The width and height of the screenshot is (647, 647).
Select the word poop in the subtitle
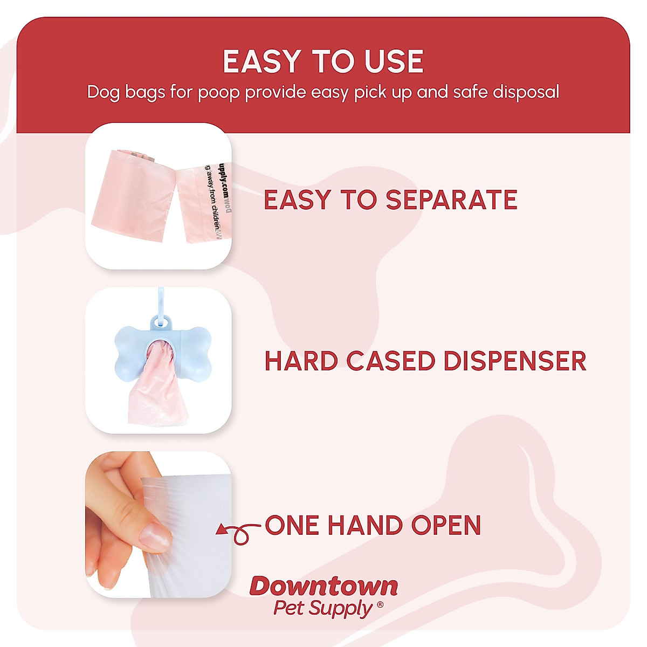click(218, 92)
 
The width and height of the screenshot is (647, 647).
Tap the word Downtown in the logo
click(324, 587)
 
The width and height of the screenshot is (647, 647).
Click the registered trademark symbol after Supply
click(380, 605)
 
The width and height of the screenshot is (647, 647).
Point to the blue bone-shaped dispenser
click(162, 348)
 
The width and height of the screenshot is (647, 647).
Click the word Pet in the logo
click(289, 608)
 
